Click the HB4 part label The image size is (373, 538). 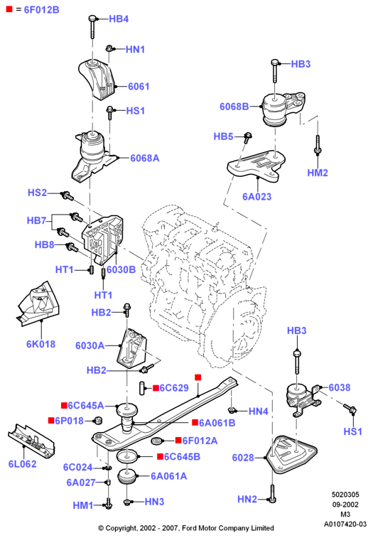pyautogui.click(x=119, y=19)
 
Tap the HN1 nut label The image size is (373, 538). pyautogui.click(x=135, y=50)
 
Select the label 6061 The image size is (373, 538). pyautogui.click(x=139, y=87)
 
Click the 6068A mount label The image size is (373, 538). pyautogui.click(x=145, y=158)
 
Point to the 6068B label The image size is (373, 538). pyautogui.click(x=234, y=107)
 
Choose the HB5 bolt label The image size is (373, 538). pyautogui.click(x=223, y=136)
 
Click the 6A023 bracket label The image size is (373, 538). pyautogui.click(x=257, y=197)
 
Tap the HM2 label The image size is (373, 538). pyautogui.click(x=318, y=173)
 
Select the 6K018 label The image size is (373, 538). pyautogui.click(x=40, y=344)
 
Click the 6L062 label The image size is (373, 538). pyautogui.click(x=22, y=464)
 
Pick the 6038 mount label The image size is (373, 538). pyautogui.click(x=340, y=387)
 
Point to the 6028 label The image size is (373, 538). pyautogui.click(x=243, y=458)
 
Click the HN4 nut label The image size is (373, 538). pyautogui.click(x=258, y=411)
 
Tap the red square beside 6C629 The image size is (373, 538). pyautogui.click(x=156, y=388)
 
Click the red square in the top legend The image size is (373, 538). pyautogui.click(x=9, y=9)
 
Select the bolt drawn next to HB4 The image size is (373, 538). pyautogui.click(x=92, y=26)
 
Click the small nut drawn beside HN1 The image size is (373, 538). pyautogui.click(x=109, y=48)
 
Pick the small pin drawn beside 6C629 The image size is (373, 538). pyautogui.click(x=141, y=388)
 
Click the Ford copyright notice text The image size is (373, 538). pyautogui.click(x=186, y=528)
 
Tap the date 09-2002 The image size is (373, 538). pyautogui.click(x=345, y=505)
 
